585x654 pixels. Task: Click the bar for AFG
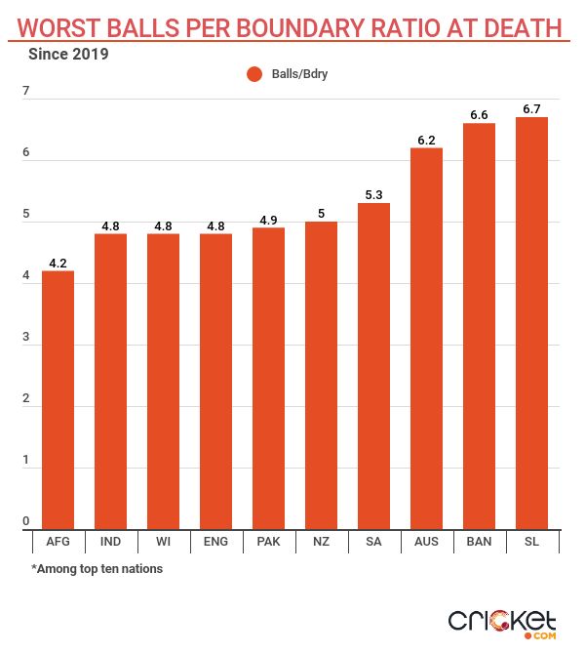coord(58,400)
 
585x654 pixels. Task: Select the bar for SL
coord(531,323)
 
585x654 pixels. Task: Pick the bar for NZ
coord(321,376)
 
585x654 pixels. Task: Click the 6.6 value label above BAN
coord(479,115)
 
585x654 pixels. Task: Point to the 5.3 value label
coord(373,194)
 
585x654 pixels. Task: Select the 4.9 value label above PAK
coord(268,220)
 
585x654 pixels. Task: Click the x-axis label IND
coord(110,540)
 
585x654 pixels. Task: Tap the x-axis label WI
coord(163,540)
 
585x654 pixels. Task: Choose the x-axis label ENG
coord(215,540)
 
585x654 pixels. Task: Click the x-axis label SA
coord(373,540)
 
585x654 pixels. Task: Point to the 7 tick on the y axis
coord(26,92)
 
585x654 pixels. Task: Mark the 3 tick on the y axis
coord(26,338)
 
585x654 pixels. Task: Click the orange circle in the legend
coord(255,73)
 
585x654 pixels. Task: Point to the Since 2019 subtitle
coord(69,54)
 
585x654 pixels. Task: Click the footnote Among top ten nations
coord(97,568)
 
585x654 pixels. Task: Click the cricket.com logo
coord(502,623)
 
